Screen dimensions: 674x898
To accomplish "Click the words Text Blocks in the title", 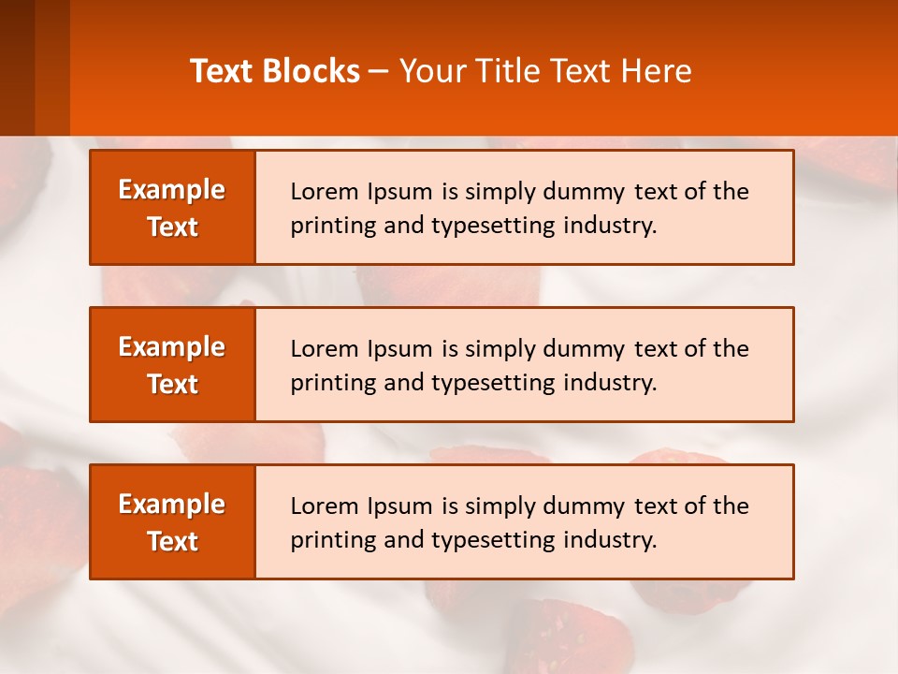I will [x=275, y=71].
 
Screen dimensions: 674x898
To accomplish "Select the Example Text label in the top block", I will [x=172, y=208].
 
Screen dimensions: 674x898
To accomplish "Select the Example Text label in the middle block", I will [x=172, y=365].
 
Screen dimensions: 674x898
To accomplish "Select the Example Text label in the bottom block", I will [x=172, y=522].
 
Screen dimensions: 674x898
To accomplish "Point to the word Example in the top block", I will [x=172, y=190].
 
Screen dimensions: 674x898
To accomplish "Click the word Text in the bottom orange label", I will [x=172, y=541].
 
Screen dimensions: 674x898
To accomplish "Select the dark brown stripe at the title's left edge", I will [x=17, y=67].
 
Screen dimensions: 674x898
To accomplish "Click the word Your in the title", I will [x=429, y=71].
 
